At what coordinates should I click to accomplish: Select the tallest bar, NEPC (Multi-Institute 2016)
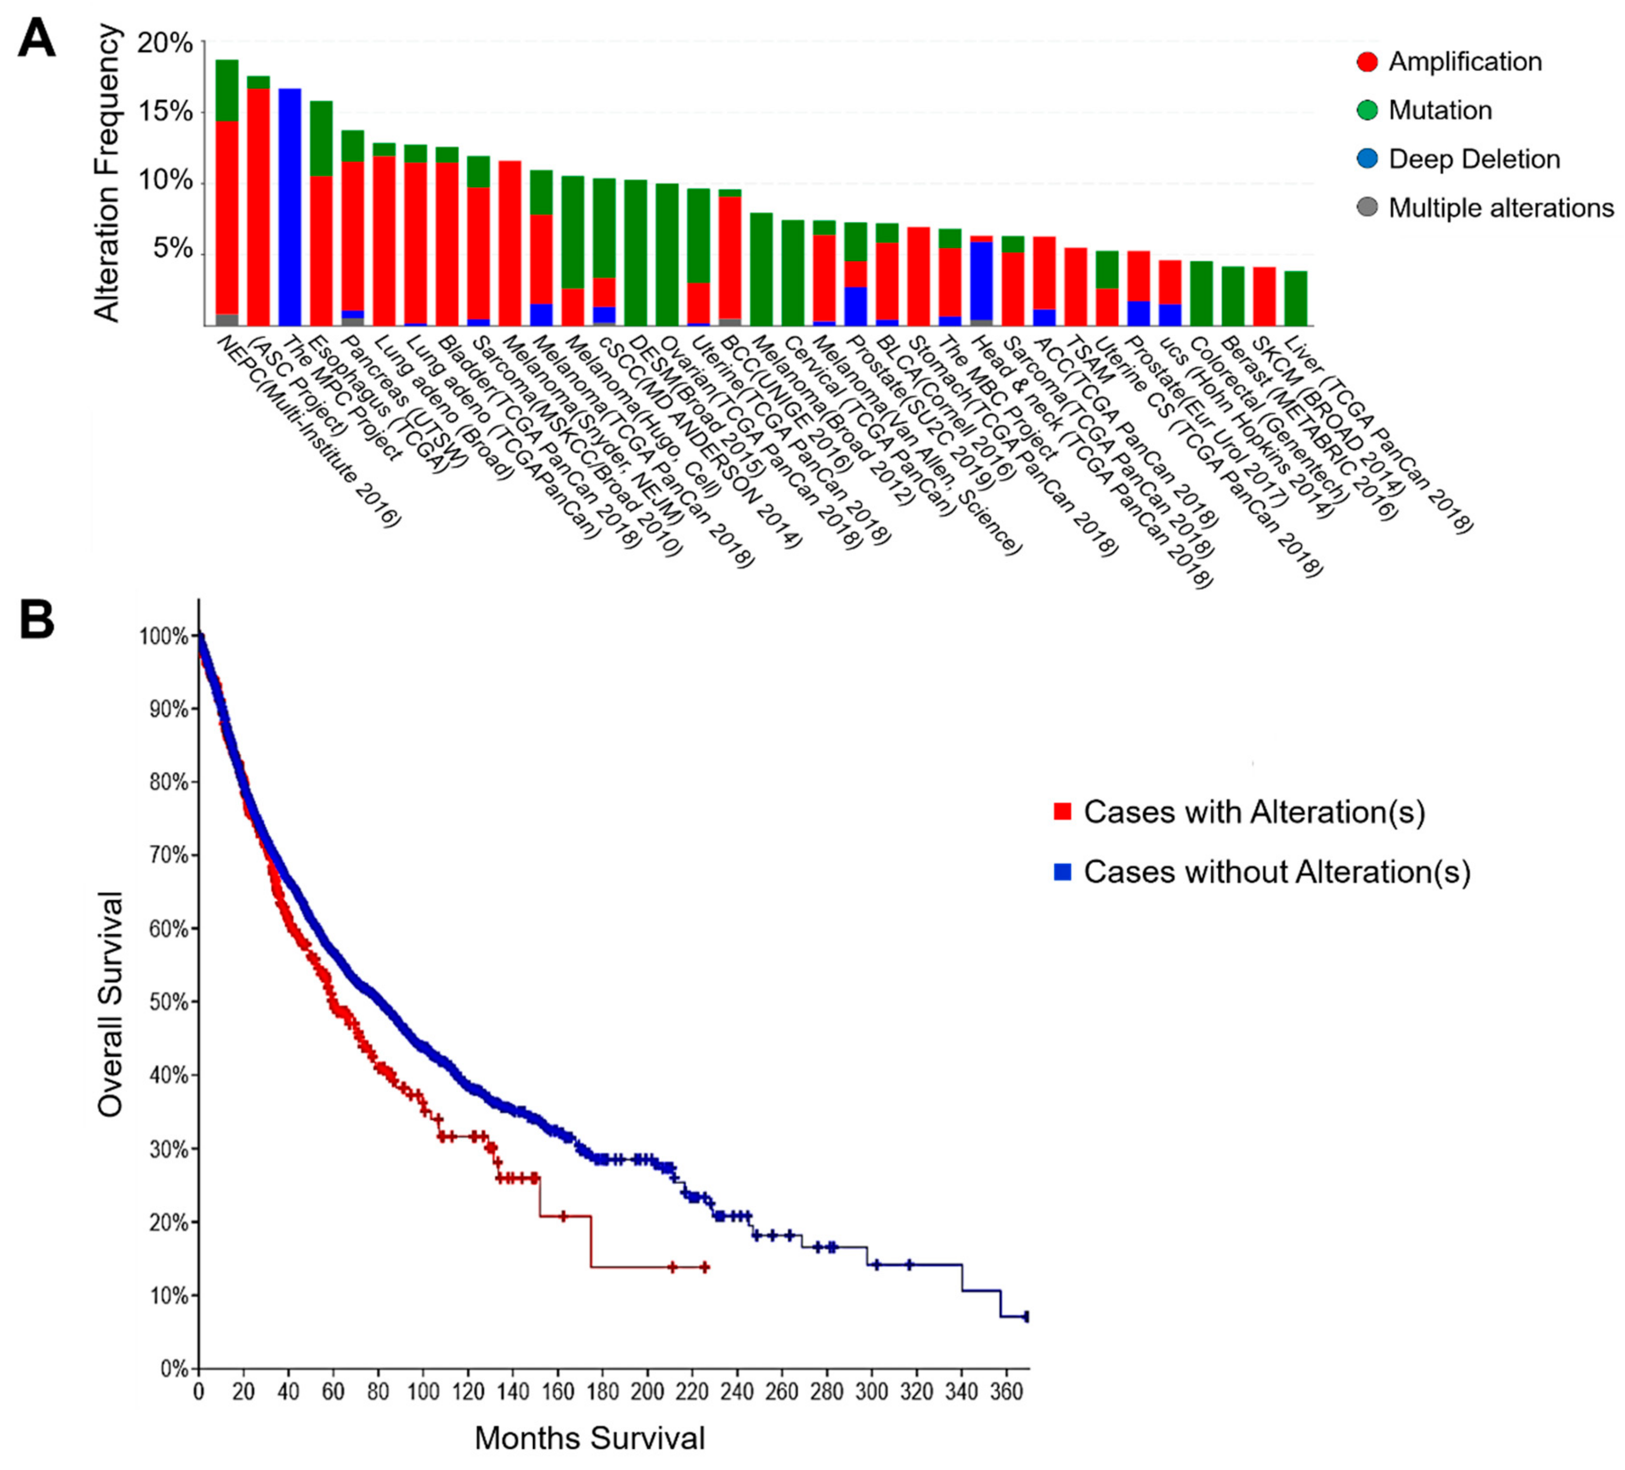click(x=226, y=194)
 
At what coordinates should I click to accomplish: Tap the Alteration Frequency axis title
click(x=107, y=173)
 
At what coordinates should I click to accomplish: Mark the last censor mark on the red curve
click(x=705, y=1268)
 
